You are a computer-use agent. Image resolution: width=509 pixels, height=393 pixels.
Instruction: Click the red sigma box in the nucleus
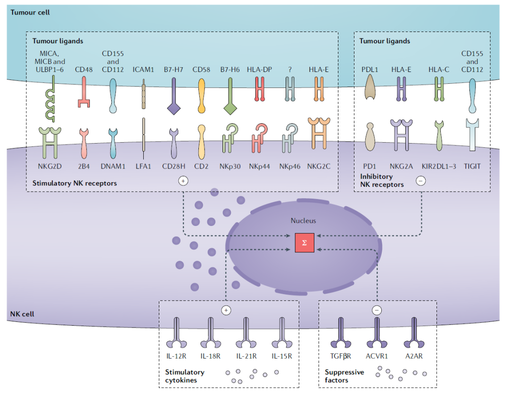[304, 243]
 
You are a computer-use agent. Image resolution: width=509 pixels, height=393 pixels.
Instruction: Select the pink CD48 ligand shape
[83, 91]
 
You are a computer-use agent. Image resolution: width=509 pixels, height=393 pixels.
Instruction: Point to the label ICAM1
[143, 70]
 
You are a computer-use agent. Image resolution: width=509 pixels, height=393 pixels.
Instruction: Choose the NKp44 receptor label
[258, 166]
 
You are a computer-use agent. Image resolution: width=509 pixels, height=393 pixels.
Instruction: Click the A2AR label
[413, 356]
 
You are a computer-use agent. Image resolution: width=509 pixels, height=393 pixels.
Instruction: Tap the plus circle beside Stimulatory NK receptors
[183, 181]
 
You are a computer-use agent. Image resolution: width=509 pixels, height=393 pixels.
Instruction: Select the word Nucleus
[303, 220]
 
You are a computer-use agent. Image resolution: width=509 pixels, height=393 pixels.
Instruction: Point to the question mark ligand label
[290, 70]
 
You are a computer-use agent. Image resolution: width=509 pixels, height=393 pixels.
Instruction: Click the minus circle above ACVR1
[377, 310]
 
